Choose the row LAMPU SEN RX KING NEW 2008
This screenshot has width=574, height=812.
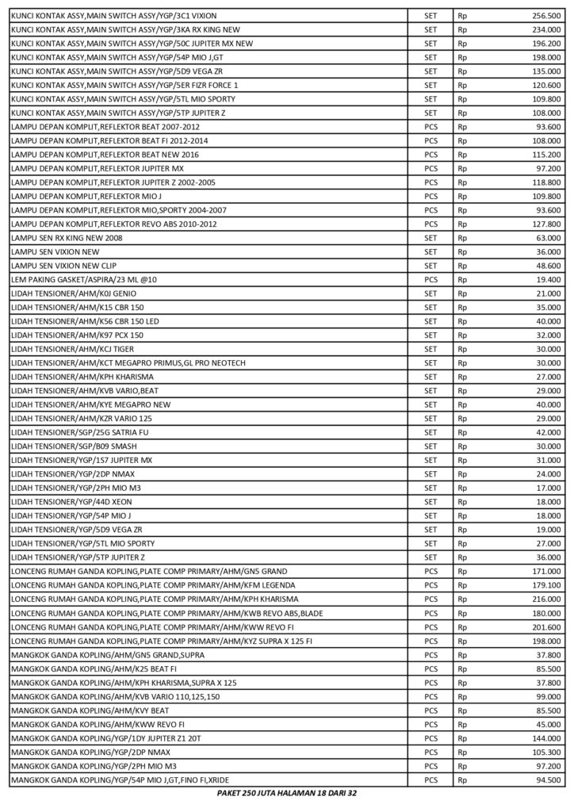[x=67, y=237]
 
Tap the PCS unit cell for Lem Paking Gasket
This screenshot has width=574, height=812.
[x=431, y=279]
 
